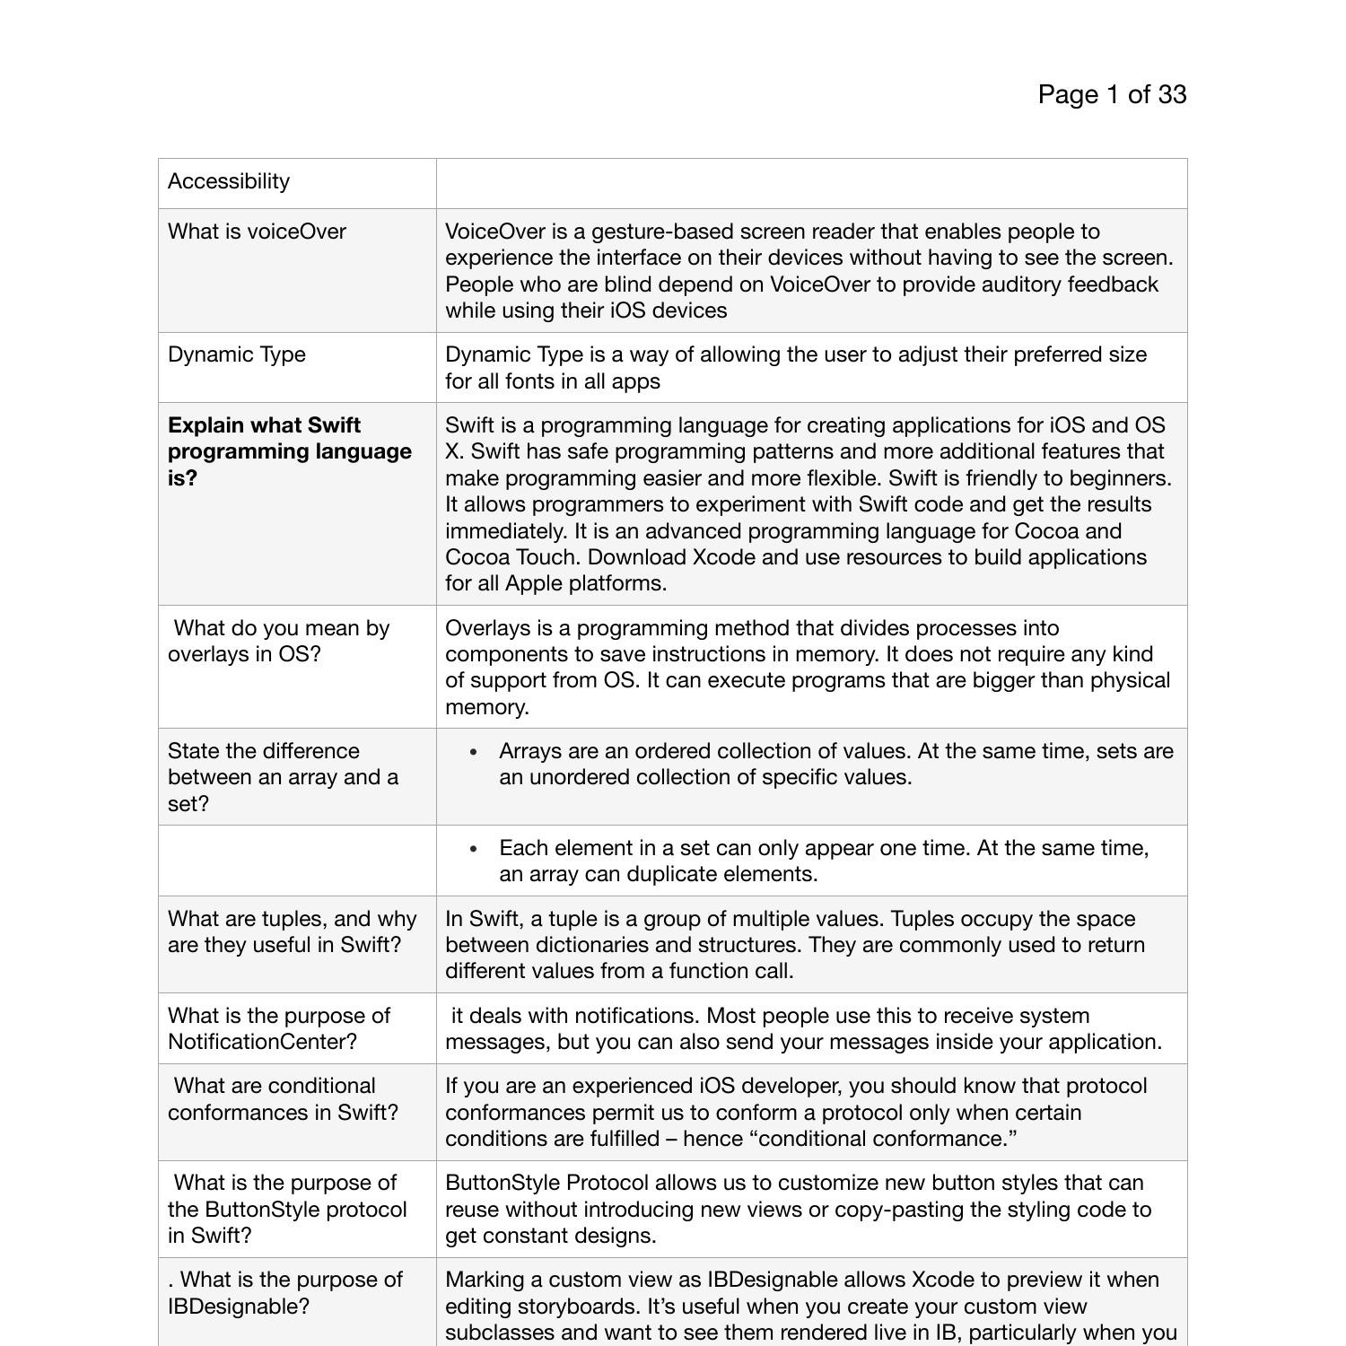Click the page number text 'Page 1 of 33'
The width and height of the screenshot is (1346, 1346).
(x=1112, y=94)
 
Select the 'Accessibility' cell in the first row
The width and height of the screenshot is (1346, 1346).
(x=229, y=181)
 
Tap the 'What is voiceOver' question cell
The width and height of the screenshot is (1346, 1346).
(x=257, y=232)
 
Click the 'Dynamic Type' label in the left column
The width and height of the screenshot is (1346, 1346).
(x=237, y=354)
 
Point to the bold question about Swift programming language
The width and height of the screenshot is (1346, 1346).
(x=289, y=451)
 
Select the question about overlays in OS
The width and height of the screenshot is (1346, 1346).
(x=278, y=641)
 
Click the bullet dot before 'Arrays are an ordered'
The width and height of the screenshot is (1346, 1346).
(x=474, y=752)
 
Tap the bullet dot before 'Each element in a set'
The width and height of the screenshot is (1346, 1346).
(x=474, y=849)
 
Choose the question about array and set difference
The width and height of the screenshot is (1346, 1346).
(x=283, y=777)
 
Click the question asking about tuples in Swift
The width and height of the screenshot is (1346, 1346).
(x=292, y=931)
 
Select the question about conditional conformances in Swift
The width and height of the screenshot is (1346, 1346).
(x=283, y=1099)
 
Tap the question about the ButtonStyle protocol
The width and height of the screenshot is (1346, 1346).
(x=287, y=1209)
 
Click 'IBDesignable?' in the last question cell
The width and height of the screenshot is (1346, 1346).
(x=239, y=1307)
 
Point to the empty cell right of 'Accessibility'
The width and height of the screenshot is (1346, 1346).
(x=811, y=183)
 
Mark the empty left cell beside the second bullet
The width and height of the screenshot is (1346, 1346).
(x=297, y=861)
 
